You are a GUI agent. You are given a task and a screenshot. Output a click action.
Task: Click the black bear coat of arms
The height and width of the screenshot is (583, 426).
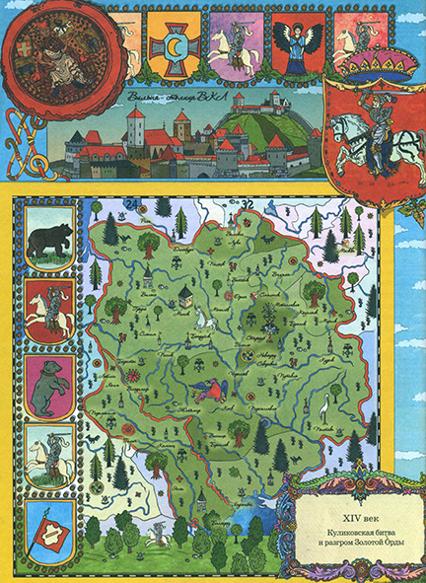[x=46, y=242]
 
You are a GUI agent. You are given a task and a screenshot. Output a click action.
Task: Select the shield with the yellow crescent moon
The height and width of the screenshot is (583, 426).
[x=177, y=50]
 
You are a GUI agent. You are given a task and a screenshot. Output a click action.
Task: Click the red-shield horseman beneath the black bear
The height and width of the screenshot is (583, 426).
[x=46, y=313]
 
